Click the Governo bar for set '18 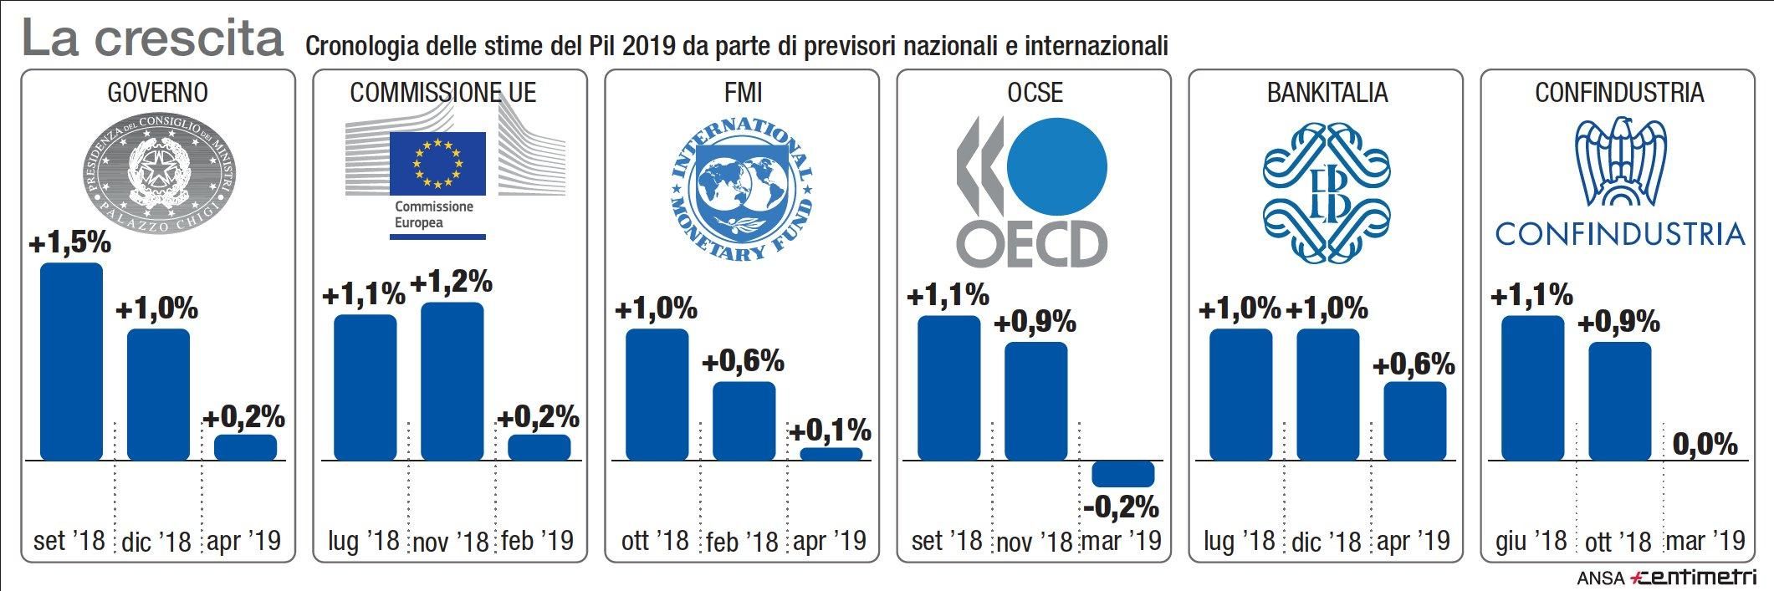pos(72,361)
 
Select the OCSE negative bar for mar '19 pos(1122,473)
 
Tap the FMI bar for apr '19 pos(831,454)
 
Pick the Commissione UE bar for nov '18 pos(452,381)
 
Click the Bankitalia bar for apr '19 pos(1414,420)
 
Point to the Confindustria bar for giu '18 pos(1532,388)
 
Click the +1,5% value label pos(70,243)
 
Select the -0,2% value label pos(1121,507)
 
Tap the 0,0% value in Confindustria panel pos(1705,444)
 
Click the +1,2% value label pos(452,283)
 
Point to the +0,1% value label pos(831,431)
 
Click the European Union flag pos(437,163)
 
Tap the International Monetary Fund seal pos(743,189)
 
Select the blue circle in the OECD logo pos(1057,165)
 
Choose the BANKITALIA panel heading pos(1327,92)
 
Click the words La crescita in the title pos(152,38)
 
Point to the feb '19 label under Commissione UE pos(538,541)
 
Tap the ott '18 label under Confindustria pos(1618,542)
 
